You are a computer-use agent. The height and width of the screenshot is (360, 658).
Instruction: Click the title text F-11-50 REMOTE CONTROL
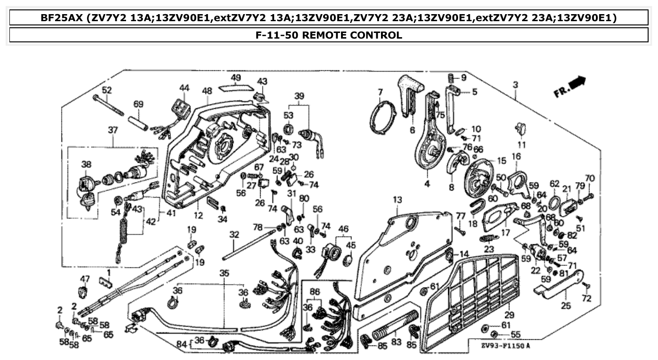click(329, 35)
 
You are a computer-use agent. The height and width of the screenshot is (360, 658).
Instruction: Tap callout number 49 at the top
click(236, 78)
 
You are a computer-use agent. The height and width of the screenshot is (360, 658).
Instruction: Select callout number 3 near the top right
click(516, 85)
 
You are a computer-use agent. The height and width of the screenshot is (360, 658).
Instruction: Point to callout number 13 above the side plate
click(398, 200)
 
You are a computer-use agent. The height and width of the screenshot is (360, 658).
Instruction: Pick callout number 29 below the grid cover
click(509, 315)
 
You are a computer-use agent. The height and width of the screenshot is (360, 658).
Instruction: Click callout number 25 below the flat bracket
click(566, 306)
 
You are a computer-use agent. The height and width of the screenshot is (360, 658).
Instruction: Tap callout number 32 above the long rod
click(234, 234)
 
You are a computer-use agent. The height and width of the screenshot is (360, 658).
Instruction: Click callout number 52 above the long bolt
click(107, 90)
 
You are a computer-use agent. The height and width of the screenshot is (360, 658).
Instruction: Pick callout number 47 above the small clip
click(85, 279)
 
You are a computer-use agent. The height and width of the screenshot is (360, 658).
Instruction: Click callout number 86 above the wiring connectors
click(314, 292)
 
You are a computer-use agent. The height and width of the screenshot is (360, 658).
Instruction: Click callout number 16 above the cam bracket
click(516, 156)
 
